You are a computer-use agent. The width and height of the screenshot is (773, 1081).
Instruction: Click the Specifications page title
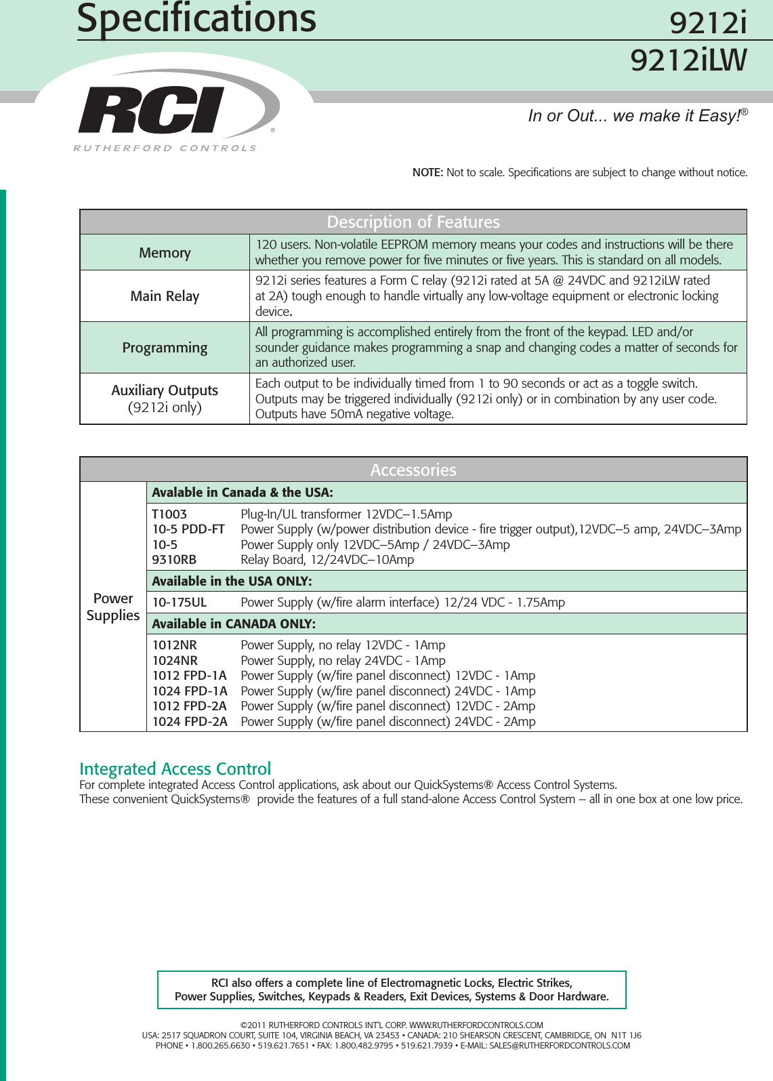pyautogui.click(x=196, y=18)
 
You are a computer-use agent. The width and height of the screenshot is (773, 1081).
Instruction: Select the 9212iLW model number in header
pyautogui.click(x=688, y=61)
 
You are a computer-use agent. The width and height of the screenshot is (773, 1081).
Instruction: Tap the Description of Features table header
pyautogui.click(x=413, y=222)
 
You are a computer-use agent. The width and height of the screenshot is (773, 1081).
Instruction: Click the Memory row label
pyautogui.click(x=165, y=253)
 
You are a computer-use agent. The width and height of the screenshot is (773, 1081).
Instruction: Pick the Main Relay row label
pyautogui.click(x=165, y=296)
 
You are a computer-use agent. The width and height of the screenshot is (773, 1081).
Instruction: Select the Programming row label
pyautogui.click(x=165, y=348)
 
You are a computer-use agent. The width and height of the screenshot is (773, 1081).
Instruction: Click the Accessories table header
pyautogui.click(x=413, y=470)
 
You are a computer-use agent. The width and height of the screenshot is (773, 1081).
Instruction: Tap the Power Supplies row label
pyautogui.click(x=113, y=607)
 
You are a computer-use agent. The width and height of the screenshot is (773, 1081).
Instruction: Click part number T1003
pyautogui.click(x=169, y=514)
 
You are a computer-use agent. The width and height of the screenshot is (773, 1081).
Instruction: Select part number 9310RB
pyautogui.click(x=174, y=560)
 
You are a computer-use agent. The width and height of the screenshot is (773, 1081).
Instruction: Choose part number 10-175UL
pyautogui.click(x=180, y=603)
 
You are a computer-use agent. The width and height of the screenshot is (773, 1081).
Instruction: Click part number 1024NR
pyautogui.click(x=175, y=661)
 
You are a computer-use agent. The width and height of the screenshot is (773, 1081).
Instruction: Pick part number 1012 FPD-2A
pyautogui.click(x=190, y=706)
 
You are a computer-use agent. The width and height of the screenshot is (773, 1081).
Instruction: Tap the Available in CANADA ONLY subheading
pyautogui.click(x=234, y=624)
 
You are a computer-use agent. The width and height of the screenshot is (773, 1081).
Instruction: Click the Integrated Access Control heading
pyautogui.click(x=175, y=769)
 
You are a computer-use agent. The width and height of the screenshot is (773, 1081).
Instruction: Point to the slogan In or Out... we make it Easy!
pyautogui.click(x=638, y=116)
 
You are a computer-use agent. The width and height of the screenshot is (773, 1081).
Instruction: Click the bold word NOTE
pyautogui.click(x=427, y=173)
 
